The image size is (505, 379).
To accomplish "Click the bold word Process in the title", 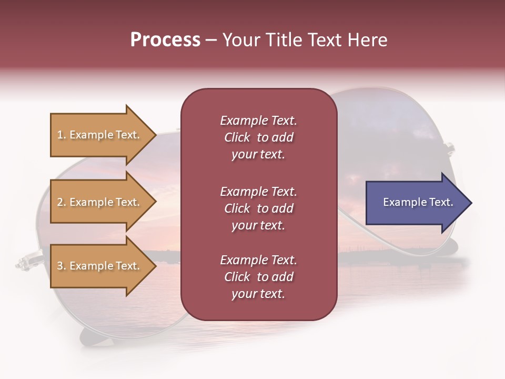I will (165, 40).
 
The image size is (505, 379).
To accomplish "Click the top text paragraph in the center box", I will (258, 137).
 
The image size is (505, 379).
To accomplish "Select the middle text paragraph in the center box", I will (258, 208).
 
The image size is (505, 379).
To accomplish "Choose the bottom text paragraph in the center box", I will (258, 277).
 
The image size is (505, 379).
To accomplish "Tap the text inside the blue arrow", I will (418, 202).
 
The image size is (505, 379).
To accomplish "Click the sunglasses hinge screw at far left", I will (23, 262).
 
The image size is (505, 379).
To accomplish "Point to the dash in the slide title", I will (211, 41).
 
